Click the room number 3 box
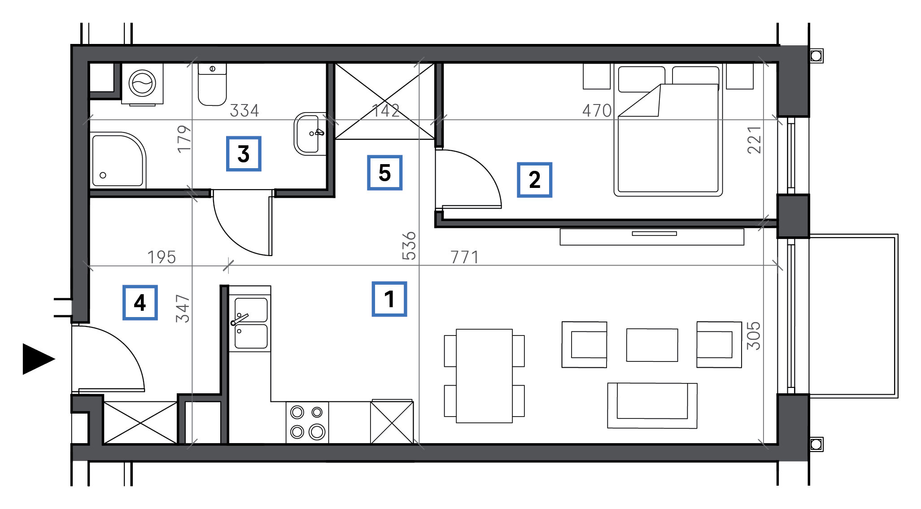pyautogui.click(x=244, y=154)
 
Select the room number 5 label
pyautogui.click(x=384, y=173)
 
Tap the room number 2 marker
pyautogui.click(x=534, y=180)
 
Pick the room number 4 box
pyautogui.click(x=140, y=302)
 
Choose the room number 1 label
pyautogui.click(x=389, y=299)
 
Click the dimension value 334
pyautogui.click(x=244, y=111)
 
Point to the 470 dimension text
pyautogui.click(x=597, y=111)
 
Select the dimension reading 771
pyautogui.click(x=465, y=257)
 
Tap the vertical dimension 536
pyautogui.click(x=409, y=246)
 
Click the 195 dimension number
pyautogui.click(x=162, y=257)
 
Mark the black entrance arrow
pyautogui.click(x=39, y=359)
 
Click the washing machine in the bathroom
pyautogui.click(x=142, y=84)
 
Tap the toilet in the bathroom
pyautogui.click(x=212, y=84)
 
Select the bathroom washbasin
pyautogui.click(x=310, y=134)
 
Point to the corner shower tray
pyautogui.click(x=118, y=160)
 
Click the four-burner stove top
pyautogui.click(x=307, y=422)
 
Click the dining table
pyautogui.click(x=485, y=376)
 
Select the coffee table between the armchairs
pyautogui.click(x=652, y=345)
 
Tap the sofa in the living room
pyautogui.click(x=652, y=405)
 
